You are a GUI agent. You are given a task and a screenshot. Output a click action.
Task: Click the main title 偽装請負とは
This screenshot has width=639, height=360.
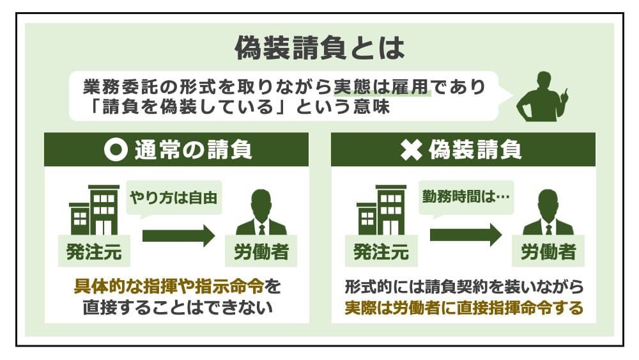[319, 48]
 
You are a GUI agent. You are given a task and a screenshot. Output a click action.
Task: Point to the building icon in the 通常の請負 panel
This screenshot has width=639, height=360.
[94, 210]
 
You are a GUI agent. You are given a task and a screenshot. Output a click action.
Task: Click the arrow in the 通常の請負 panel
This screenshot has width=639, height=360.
[179, 235]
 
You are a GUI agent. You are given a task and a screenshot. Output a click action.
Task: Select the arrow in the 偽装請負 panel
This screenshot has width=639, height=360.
[466, 235]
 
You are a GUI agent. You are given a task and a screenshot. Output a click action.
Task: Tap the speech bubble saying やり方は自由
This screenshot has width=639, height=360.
[174, 198]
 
